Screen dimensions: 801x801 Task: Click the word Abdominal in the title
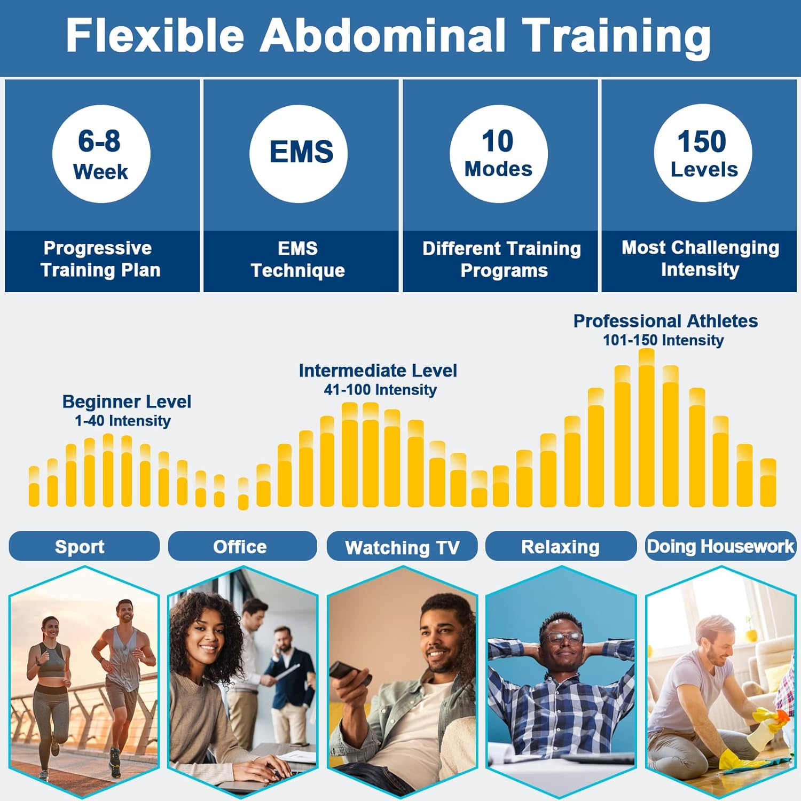tap(382, 35)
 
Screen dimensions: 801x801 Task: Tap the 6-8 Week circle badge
tap(101, 154)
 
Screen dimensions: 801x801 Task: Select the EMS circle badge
tap(299, 154)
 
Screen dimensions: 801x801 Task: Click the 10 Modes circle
tap(498, 154)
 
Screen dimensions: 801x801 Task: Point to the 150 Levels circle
tap(703, 154)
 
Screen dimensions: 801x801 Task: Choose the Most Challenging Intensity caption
tap(700, 258)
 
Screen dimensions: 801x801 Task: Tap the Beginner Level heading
tap(127, 402)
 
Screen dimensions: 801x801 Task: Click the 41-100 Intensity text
tap(380, 390)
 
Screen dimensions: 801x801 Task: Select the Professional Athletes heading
tap(665, 321)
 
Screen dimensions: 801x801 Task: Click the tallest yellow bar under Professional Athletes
tap(646, 427)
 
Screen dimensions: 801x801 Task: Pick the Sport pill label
tap(80, 546)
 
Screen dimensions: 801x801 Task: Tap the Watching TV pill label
tap(402, 547)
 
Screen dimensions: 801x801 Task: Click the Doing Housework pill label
tap(720, 546)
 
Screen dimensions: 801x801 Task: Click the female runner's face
tap(50, 631)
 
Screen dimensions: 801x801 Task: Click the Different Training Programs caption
tap(501, 260)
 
